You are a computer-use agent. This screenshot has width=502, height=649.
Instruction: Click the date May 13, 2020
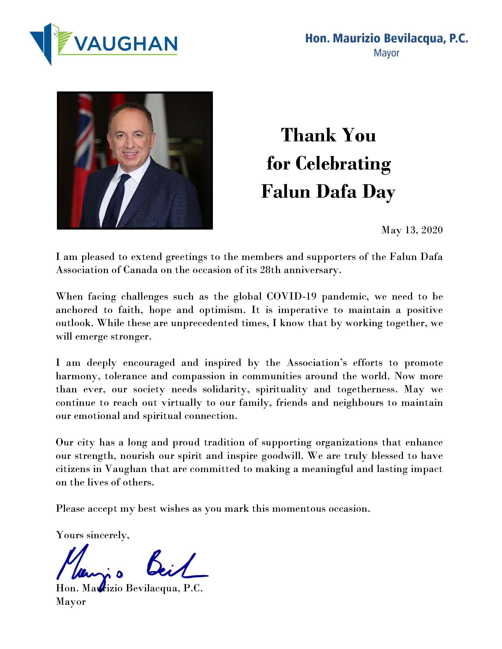(412, 230)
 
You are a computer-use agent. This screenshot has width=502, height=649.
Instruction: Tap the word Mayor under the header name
(386, 53)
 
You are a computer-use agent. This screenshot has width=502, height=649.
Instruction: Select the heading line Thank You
(328, 135)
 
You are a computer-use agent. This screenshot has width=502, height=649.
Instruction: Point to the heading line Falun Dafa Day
(328, 192)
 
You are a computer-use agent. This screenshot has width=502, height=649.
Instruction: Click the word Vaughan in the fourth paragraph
(126, 469)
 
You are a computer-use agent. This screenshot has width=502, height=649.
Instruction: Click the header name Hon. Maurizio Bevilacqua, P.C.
(387, 39)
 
